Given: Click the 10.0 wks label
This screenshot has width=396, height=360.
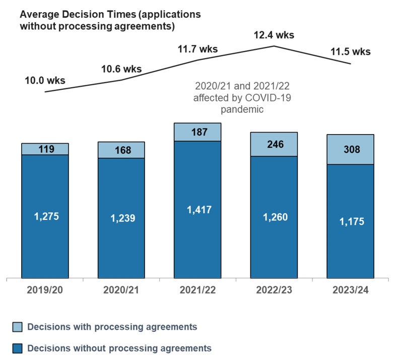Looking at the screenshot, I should pyautogui.click(x=45, y=80).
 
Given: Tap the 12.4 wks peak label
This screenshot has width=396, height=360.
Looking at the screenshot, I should pyautogui.click(x=274, y=35).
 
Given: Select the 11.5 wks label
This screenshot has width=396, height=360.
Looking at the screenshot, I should pyautogui.click(x=350, y=51).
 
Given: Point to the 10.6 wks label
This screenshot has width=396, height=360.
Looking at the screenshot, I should pyautogui.click(x=121, y=69).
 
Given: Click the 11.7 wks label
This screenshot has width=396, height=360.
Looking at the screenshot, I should pyautogui.click(x=197, y=49).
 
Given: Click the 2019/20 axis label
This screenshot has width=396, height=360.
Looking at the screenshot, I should pyautogui.click(x=45, y=290).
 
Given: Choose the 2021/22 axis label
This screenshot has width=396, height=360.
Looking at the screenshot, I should pyautogui.click(x=197, y=290).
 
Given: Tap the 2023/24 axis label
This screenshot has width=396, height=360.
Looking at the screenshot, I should pyautogui.click(x=350, y=290).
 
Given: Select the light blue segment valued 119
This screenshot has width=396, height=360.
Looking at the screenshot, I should pyautogui.click(x=45, y=149).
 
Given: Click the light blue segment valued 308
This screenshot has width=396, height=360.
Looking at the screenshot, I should pyautogui.click(x=350, y=149).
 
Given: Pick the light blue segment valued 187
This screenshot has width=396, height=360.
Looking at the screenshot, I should pyautogui.click(x=197, y=132).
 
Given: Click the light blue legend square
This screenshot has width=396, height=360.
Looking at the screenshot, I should pyautogui.click(x=17, y=327).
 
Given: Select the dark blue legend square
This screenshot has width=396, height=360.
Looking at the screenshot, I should pyautogui.click(x=17, y=348).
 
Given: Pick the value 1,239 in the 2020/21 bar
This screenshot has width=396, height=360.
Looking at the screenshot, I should pyautogui.click(x=121, y=218).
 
